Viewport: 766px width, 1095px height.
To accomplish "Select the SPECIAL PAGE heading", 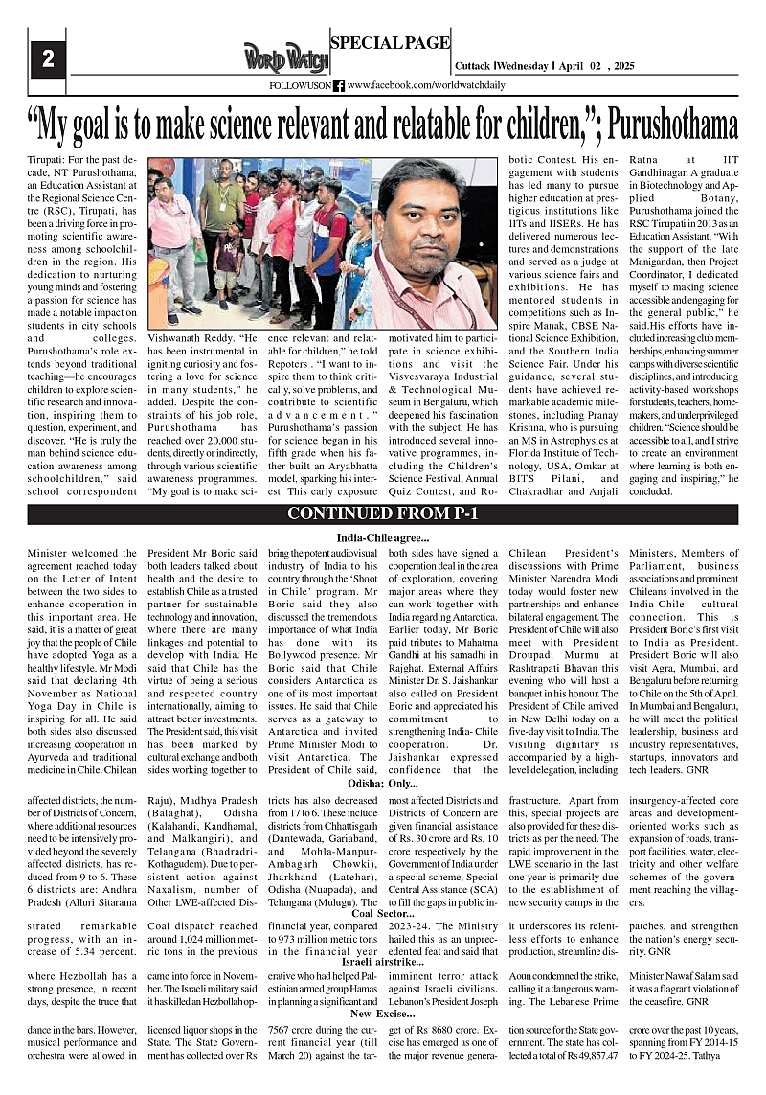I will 389,42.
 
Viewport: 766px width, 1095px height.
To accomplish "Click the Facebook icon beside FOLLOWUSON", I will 339,86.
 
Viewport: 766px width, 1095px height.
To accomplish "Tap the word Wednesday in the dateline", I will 523,66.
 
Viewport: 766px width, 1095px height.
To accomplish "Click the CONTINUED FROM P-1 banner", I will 383,513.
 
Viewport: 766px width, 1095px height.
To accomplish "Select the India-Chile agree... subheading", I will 382,537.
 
